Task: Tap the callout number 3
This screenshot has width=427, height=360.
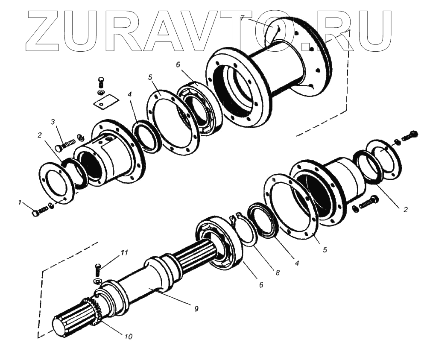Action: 53,122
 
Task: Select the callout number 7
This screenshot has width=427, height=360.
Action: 242,18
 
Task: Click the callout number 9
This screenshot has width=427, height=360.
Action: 196,308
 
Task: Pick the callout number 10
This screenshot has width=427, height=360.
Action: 129,337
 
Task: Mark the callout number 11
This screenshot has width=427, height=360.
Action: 124,253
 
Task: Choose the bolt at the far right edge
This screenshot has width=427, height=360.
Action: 410,135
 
